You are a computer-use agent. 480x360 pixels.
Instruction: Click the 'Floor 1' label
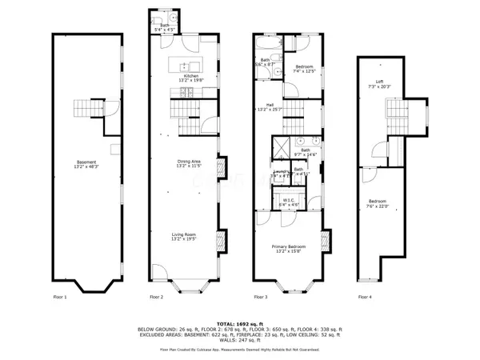coord(59,297)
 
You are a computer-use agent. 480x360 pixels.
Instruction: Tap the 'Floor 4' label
coord(365,297)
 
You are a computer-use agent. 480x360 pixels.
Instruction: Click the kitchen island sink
coord(184,66)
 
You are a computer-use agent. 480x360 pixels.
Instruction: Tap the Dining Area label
coord(189,163)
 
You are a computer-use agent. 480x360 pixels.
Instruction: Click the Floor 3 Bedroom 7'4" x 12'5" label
coord(303,69)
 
